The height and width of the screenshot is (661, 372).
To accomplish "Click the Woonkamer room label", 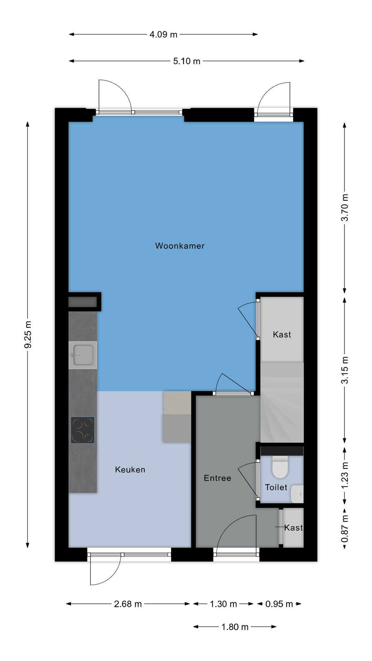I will (x=180, y=246).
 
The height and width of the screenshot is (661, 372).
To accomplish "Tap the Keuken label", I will (x=130, y=470).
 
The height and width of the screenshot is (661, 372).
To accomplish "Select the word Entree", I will (x=217, y=478).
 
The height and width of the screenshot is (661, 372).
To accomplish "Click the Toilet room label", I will (x=276, y=487).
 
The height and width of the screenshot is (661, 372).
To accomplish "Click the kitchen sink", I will (x=83, y=355).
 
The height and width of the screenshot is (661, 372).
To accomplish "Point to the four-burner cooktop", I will (x=83, y=430).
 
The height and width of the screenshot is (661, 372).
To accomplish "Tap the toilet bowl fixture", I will (x=280, y=467).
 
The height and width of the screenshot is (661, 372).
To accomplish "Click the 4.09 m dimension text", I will (x=163, y=34).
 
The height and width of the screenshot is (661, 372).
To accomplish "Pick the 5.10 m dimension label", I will (x=186, y=61).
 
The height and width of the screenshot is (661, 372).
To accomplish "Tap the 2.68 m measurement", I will (x=128, y=604).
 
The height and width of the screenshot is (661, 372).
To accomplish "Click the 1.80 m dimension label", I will (x=235, y=627).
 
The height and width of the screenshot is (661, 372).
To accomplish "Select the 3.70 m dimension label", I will (x=345, y=208).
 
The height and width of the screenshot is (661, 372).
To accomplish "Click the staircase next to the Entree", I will (x=282, y=403).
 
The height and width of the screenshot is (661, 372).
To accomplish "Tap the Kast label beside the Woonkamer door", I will (x=282, y=335).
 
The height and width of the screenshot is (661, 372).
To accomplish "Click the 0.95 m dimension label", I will (x=279, y=604).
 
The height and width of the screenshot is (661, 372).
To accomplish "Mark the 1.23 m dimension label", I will (x=345, y=475).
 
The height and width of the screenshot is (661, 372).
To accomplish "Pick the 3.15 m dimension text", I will (x=345, y=370).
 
